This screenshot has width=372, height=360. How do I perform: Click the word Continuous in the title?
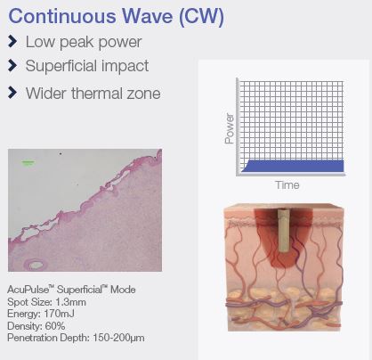tap(62, 16)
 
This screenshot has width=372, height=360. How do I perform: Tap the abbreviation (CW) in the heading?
tap(201, 17)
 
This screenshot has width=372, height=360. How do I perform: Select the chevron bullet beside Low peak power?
tap(12, 41)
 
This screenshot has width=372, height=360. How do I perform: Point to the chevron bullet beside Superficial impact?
tap(12, 66)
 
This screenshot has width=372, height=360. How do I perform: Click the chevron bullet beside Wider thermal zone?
tap(12, 93)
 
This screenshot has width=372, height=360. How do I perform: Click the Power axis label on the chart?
tap(230, 128)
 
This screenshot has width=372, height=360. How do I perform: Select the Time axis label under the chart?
tap(287, 185)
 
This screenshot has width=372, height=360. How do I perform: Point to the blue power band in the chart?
tap(293, 166)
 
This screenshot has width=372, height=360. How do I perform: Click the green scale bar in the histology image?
tap(28, 162)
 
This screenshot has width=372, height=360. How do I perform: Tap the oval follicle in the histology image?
tap(36, 264)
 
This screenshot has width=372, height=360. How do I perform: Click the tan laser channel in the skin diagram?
tap(284, 231)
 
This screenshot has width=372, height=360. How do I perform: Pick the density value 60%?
tap(55, 326)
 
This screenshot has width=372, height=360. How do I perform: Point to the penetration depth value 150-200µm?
tap(118, 338)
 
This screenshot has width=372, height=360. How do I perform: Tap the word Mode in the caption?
tap(123, 290)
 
